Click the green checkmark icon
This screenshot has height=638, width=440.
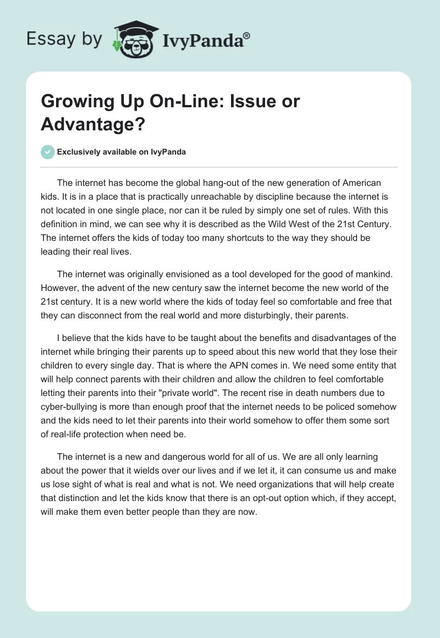point(48,152)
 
